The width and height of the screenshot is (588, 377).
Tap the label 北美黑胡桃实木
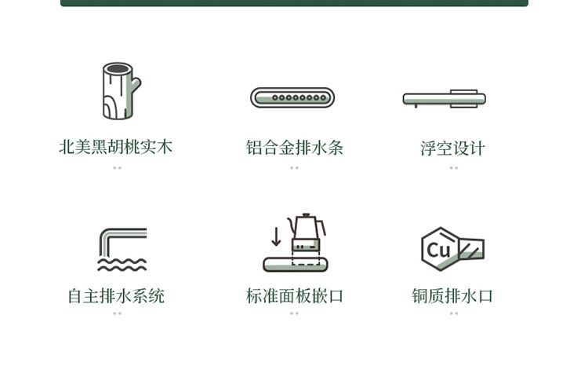(x=115, y=147)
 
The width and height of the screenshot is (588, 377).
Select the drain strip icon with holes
(x=292, y=97)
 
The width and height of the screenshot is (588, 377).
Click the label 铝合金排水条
(x=294, y=147)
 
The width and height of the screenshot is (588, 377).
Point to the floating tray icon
(x=445, y=99)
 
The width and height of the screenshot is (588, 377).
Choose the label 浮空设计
(x=452, y=148)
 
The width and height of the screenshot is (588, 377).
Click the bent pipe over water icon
(x=122, y=249)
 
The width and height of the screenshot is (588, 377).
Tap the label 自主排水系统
(x=116, y=296)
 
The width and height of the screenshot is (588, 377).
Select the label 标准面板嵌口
(x=295, y=296)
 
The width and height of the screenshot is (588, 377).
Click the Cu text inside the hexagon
(x=438, y=249)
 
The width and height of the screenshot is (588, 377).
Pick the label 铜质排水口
(x=452, y=296)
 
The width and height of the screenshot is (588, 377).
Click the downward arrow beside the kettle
(x=277, y=236)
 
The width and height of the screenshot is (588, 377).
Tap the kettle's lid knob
(x=307, y=215)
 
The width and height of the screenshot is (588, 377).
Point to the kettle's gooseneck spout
(x=292, y=224)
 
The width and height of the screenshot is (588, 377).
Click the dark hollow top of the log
(x=118, y=68)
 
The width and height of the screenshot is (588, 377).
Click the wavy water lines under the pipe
(x=122, y=265)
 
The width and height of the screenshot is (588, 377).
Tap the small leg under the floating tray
(x=416, y=106)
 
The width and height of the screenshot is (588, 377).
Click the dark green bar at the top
(x=294, y=3)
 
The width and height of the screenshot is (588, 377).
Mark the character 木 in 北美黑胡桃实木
(x=165, y=147)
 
